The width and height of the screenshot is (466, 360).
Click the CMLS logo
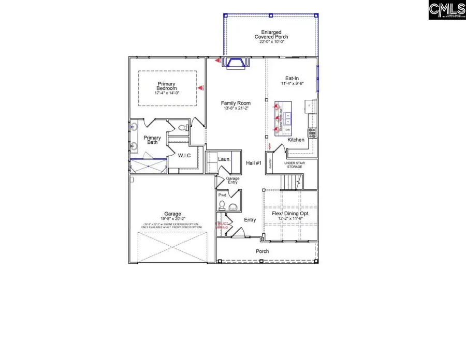click(x=447, y=10)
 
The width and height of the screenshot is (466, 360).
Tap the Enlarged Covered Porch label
click(x=271, y=34)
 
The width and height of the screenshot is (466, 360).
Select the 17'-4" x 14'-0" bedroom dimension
click(x=167, y=94)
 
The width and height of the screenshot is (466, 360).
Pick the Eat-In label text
click(x=292, y=78)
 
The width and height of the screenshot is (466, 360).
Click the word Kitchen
click(x=296, y=140)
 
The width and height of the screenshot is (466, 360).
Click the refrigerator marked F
click(x=310, y=106)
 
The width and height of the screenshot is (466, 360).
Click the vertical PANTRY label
click(x=270, y=163)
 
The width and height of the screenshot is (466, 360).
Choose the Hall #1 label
click(x=254, y=163)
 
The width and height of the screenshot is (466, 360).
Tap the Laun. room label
click(x=224, y=160)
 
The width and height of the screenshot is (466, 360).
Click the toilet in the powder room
click(x=221, y=206)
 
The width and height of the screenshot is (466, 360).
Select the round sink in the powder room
click(x=232, y=208)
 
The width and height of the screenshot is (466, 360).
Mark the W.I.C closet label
click(x=184, y=155)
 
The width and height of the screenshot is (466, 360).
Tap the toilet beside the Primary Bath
click(x=182, y=128)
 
